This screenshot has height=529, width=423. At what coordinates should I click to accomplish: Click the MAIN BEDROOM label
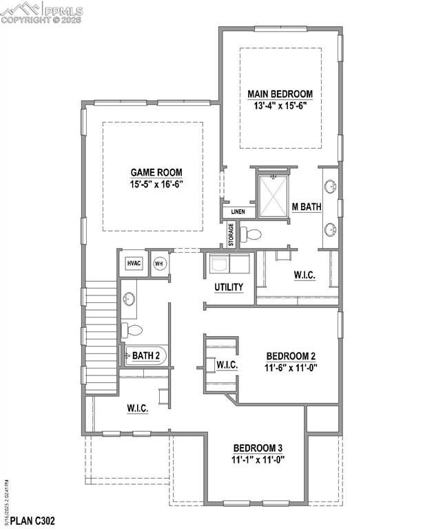pyautogui.click(x=280, y=94)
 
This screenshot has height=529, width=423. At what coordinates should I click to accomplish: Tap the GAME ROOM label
pyautogui.click(x=156, y=173)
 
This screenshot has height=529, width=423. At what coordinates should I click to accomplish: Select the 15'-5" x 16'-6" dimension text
pyautogui.click(x=156, y=185)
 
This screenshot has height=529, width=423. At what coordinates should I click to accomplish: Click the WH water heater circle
pyautogui.click(x=159, y=263)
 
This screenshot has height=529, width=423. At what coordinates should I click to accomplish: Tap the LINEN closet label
pyautogui.click(x=238, y=211)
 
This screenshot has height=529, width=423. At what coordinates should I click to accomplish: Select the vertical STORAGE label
pyautogui.click(x=231, y=234)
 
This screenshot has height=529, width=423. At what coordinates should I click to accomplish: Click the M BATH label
pyautogui.click(x=307, y=207)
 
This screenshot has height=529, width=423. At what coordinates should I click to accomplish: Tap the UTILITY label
pyautogui.click(x=229, y=287)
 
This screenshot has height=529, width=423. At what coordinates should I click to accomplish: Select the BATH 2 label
pyautogui.click(x=147, y=356)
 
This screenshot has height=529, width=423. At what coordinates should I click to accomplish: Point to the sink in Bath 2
pyautogui.click(x=129, y=298)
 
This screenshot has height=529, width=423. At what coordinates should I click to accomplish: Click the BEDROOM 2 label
pyautogui.click(x=291, y=356)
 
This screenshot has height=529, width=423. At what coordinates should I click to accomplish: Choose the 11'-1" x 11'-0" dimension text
pyautogui.click(x=258, y=459)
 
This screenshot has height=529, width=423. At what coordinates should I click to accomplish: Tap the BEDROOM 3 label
pyautogui.click(x=258, y=448)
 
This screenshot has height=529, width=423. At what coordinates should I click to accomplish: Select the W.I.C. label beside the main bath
pyautogui.click(x=305, y=275)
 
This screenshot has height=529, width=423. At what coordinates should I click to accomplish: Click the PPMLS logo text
pyautogui.click(x=62, y=11)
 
